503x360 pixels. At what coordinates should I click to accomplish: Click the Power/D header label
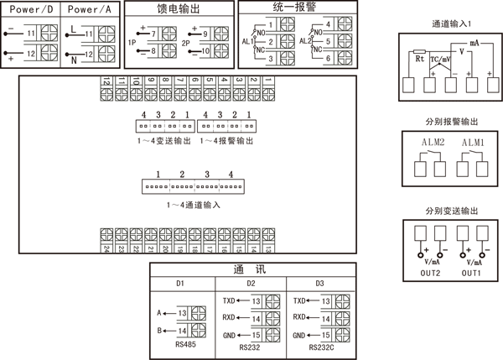pos(31,9)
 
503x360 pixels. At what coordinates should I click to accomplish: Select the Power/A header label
pos(90,9)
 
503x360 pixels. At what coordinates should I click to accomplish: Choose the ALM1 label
pos(472,143)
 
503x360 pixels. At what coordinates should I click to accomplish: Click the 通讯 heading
pos(251,269)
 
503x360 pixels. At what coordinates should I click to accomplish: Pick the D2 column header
pos(251,284)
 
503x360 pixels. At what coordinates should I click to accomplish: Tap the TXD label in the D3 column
pos(300,300)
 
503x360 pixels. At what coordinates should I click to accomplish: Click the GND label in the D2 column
pos(229,336)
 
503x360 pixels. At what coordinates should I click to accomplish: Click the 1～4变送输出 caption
pos(163,142)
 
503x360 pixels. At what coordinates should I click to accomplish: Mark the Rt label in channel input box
pos(420,60)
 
